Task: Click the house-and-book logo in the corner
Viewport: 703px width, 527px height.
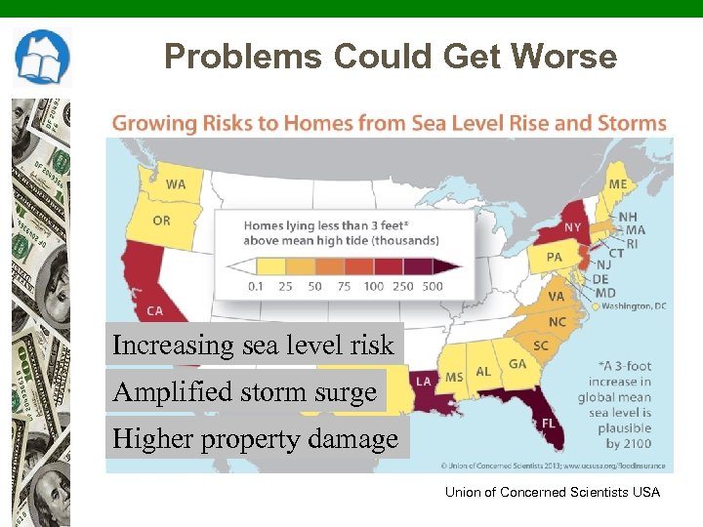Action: (41, 58)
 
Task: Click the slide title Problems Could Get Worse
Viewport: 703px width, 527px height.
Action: (391, 57)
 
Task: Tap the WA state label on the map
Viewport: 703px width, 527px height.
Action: (176, 183)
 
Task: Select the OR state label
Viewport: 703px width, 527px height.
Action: (161, 221)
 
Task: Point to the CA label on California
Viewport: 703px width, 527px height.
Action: (154, 310)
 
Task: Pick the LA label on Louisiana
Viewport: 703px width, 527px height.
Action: (424, 381)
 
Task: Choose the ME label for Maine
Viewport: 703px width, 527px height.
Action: (617, 183)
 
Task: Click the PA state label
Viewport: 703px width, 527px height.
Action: (554, 258)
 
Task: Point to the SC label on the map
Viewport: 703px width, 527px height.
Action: (540, 345)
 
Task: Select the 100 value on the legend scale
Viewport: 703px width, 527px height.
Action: (372, 287)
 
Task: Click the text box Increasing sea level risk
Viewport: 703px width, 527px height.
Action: (253, 345)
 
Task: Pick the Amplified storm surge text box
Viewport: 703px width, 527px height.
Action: (245, 392)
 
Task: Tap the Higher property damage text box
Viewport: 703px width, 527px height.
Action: (256, 439)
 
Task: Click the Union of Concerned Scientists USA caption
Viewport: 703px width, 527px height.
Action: (552, 492)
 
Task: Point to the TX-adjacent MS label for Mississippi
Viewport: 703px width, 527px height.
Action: (454, 377)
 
